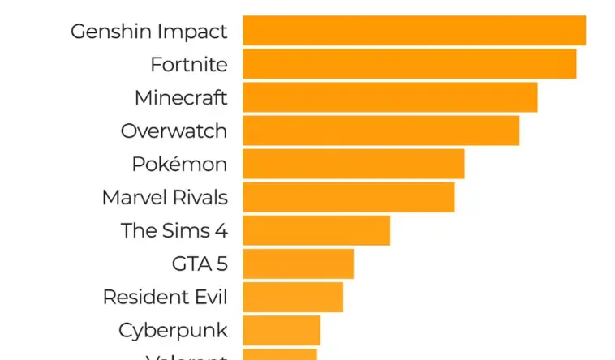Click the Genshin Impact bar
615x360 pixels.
(x=414, y=31)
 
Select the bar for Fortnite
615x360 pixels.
(x=409, y=64)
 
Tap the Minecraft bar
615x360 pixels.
(x=389, y=97)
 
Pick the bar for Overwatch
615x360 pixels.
(x=381, y=131)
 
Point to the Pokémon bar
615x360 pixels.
(x=353, y=164)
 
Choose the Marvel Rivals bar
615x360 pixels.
(x=348, y=197)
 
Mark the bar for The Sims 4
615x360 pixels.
(x=316, y=230)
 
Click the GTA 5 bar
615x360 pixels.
(x=298, y=264)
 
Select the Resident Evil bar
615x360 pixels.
(x=293, y=297)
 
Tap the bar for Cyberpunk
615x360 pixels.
(x=282, y=330)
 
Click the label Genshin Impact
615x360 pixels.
(x=149, y=32)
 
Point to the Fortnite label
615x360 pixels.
(x=189, y=65)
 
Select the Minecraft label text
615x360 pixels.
(x=181, y=98)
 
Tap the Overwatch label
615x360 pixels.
(x=174, y=131)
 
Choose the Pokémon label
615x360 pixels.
(x=179, y=164)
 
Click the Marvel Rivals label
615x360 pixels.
(x=165, y=197)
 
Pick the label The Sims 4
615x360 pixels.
(x=174, y=230)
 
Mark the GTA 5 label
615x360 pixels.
(x=200, y=264)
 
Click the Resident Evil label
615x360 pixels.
(x=165, y=297)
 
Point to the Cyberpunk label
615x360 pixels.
(x=173, y=331)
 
